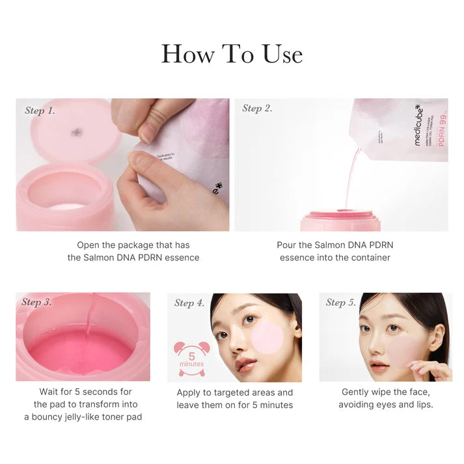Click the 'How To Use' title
232,54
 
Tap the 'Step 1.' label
40,111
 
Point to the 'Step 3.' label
36,302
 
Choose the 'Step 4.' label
189,303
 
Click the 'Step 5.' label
341,302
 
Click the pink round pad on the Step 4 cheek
267,337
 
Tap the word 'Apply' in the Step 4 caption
190,392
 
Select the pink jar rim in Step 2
340,214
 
